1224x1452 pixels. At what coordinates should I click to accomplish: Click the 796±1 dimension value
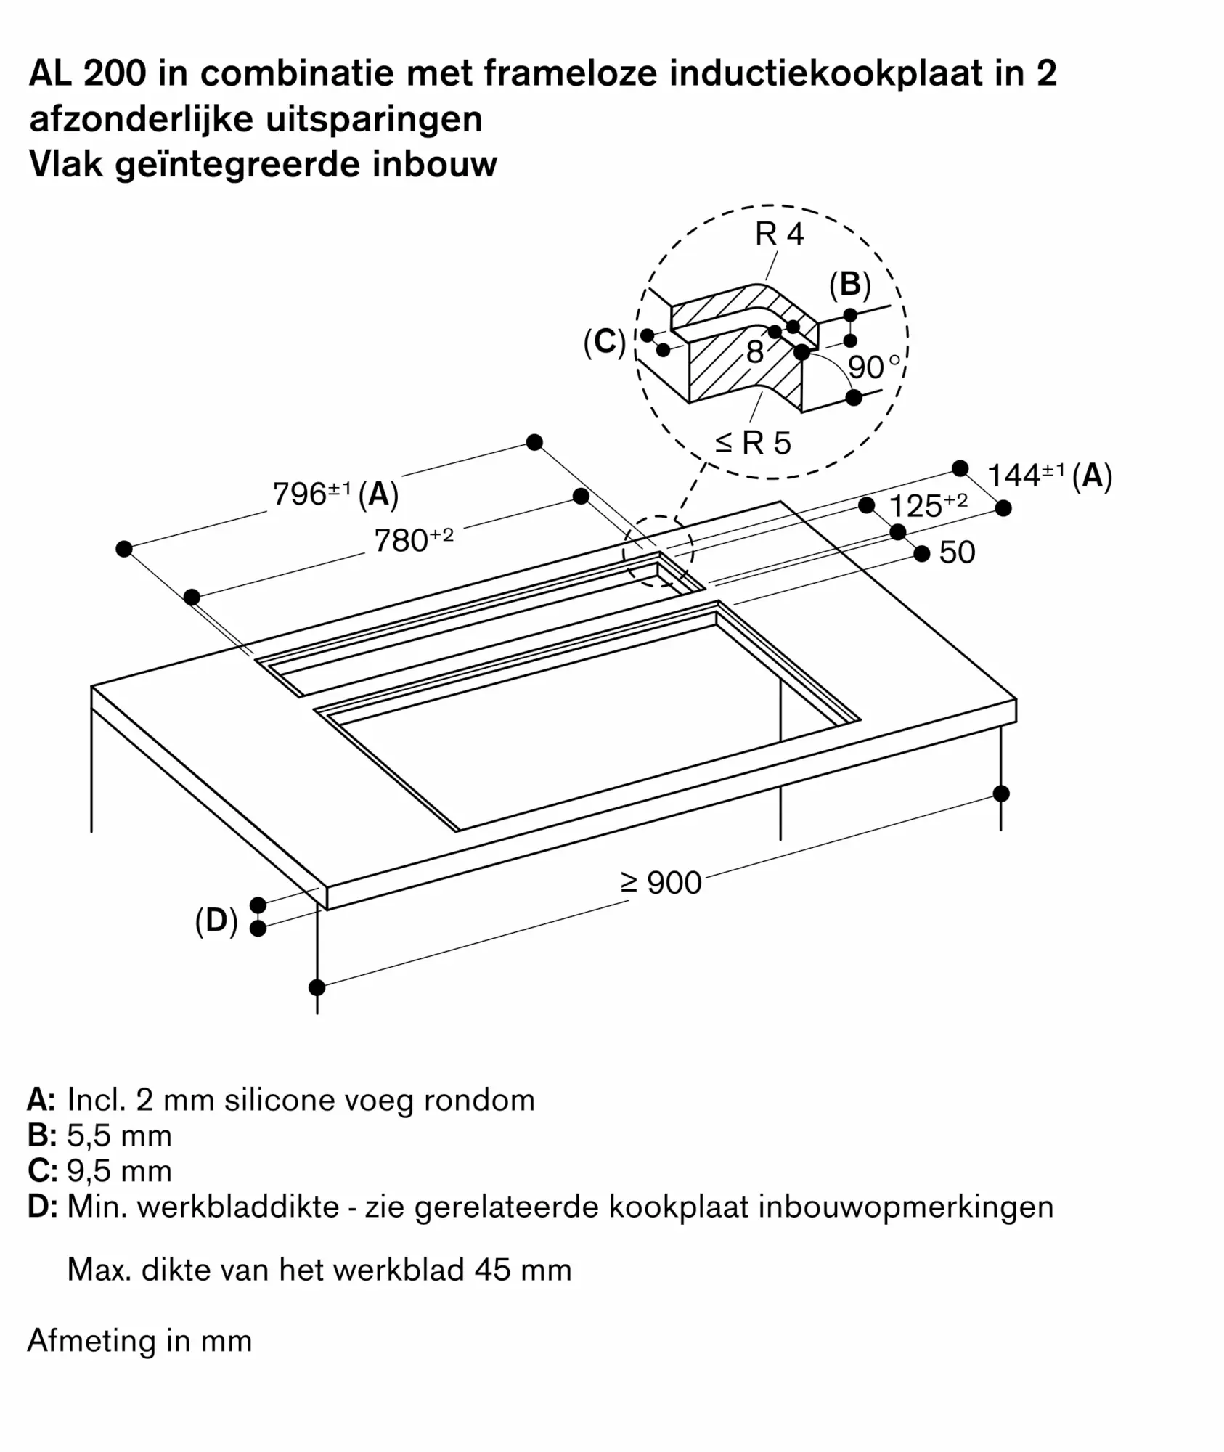click(x=311, y=494)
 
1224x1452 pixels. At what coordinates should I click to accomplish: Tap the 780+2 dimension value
click(x=412, y=540)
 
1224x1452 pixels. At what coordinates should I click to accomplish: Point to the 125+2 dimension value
click(x=927, y=506)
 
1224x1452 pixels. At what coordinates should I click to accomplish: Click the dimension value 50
click(x=957, y=552)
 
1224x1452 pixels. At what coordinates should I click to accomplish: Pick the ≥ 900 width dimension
click(x=661, y=883)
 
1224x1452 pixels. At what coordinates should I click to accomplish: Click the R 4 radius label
click(x=779, y=234)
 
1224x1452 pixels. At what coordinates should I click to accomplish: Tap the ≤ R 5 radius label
click(x=753, y=443)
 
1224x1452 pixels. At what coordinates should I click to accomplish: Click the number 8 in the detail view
click(x=755, y=353)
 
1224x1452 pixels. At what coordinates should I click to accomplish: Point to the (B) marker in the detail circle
click(x=849, y=285)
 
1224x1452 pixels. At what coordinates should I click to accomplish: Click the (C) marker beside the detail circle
click(x=604, y=343)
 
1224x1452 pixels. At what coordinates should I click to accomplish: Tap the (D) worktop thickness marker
click(x=216, y=921)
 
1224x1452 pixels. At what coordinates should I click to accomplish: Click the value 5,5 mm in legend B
click(x=119, y=1136)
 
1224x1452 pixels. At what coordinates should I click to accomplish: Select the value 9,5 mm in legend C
click(x=119, y=1172)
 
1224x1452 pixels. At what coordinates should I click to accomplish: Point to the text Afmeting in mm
click(x=139, y=1341)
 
